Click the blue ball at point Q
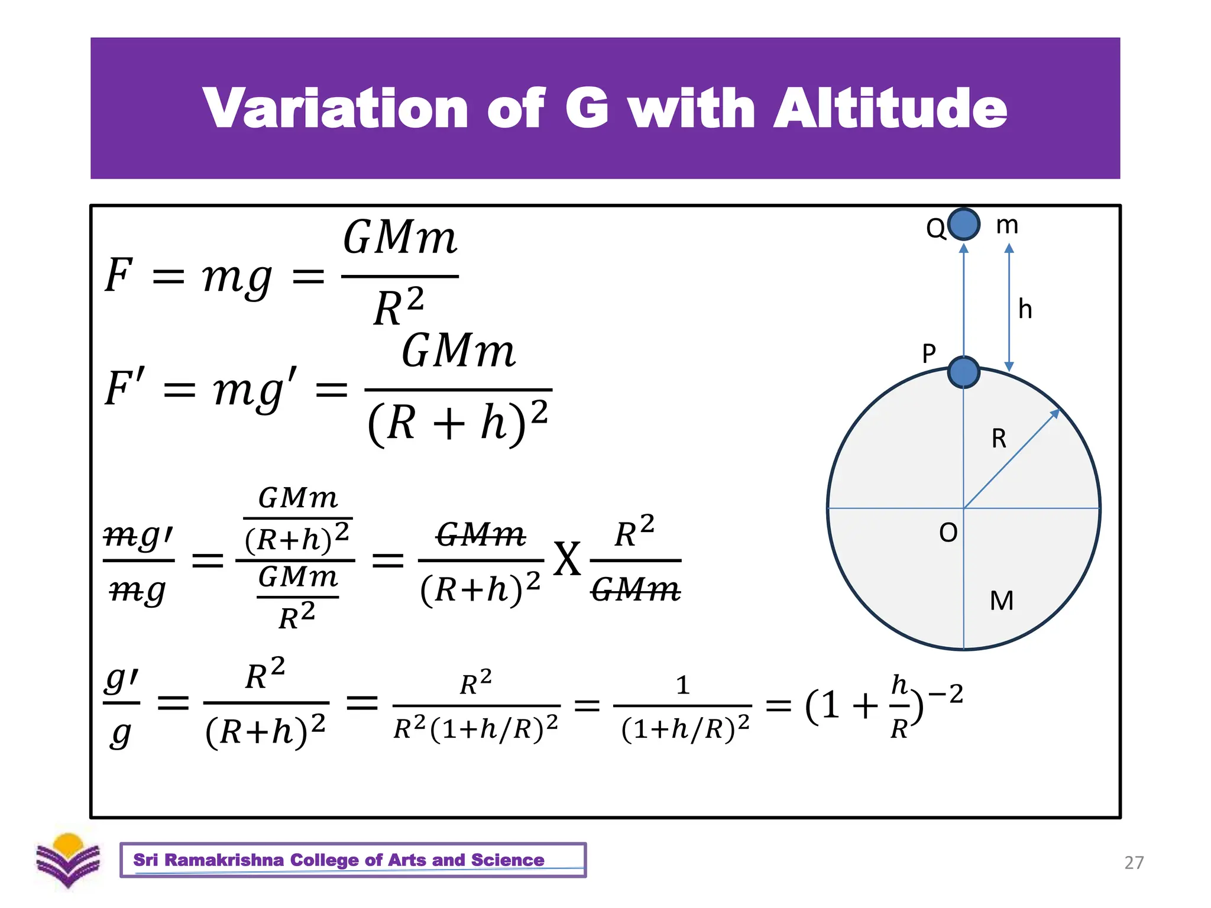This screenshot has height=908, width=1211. (964, 225)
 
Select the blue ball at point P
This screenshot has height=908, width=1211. (964, 372)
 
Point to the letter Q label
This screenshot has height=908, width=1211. (935, 228)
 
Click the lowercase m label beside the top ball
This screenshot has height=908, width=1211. (1007, 225)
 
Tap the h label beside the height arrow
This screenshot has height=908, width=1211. (1025, 309)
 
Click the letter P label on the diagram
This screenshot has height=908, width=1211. (929, 354)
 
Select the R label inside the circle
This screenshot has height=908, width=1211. (999, 439)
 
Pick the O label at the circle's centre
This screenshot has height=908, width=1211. (948, 533)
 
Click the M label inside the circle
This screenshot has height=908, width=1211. (1002, 601)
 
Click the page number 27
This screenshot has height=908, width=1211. (1134, 862)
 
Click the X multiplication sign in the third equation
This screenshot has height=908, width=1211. (567, 559)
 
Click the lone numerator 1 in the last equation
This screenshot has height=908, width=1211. (683, 685)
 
